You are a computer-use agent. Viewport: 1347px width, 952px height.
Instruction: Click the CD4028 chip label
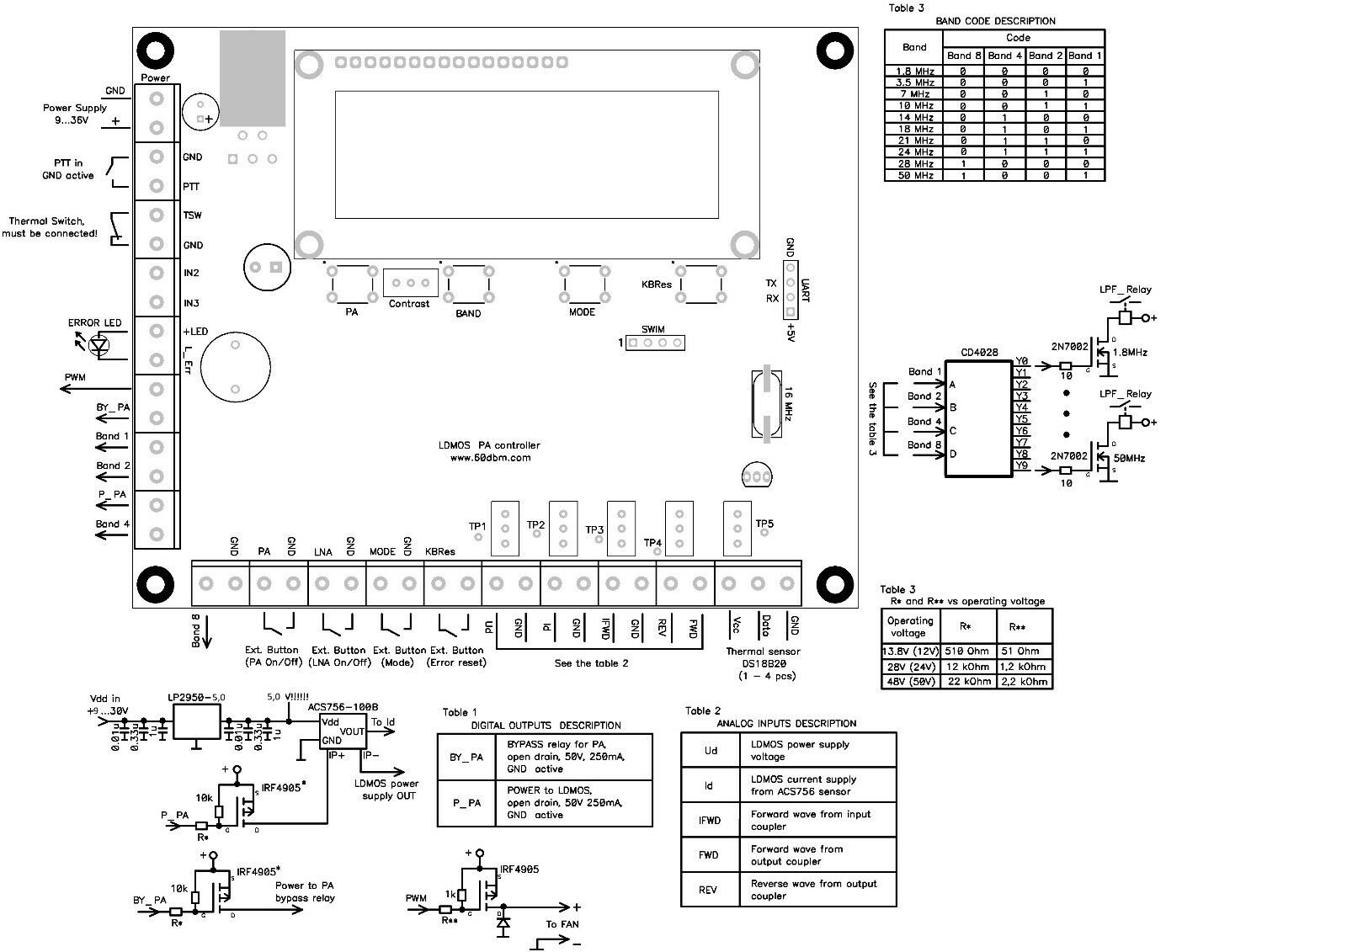coord(979,353)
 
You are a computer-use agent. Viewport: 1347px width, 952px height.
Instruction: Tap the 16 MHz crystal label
coord(786,404)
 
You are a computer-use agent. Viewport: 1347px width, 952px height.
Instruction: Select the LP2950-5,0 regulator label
coord(196,697)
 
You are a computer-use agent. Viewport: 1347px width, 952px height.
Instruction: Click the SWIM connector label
coord(652,330)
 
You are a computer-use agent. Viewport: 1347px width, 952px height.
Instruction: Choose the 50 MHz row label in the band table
coord(914,176)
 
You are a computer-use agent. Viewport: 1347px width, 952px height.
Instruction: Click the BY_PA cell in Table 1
coord(466,757)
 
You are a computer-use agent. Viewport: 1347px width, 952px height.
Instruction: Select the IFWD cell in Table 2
coord(709,820)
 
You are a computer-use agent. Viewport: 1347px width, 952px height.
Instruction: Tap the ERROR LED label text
coord(94,323)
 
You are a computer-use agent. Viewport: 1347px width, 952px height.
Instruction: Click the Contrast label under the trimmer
coord(409,304)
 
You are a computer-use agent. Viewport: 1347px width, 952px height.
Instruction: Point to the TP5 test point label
coord(764,524)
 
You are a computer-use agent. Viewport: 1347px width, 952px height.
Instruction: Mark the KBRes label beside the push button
coord(657,285)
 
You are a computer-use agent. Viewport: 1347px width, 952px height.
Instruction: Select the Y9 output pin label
coord(1022,465)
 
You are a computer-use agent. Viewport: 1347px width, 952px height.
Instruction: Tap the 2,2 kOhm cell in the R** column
coord(1024,682)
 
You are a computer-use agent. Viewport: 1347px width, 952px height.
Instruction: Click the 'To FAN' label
coord(562,924)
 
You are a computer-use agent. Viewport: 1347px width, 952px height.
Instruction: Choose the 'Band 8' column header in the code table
coord(963,56)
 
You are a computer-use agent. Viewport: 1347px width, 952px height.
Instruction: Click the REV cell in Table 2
coord(709,890)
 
